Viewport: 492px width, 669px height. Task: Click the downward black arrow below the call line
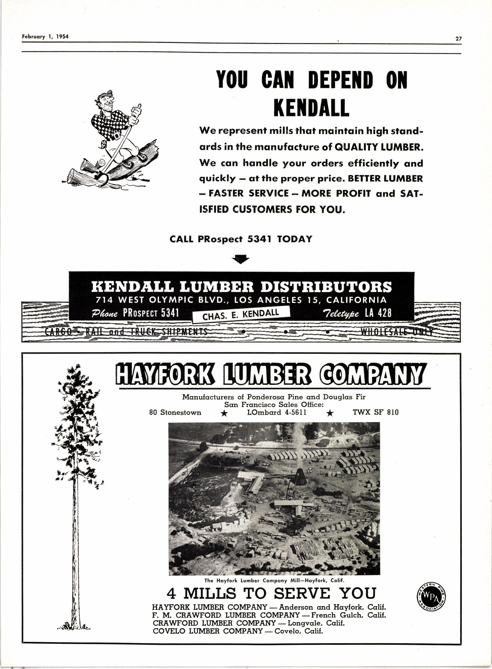[x=241, y=259]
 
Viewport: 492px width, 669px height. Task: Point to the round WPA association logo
[x=431, y=596]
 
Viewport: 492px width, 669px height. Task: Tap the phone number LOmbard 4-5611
[x=276, y=413]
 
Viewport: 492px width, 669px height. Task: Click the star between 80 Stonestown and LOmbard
[x=225, y=414]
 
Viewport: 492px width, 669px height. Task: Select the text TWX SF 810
[x=375, y=413]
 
